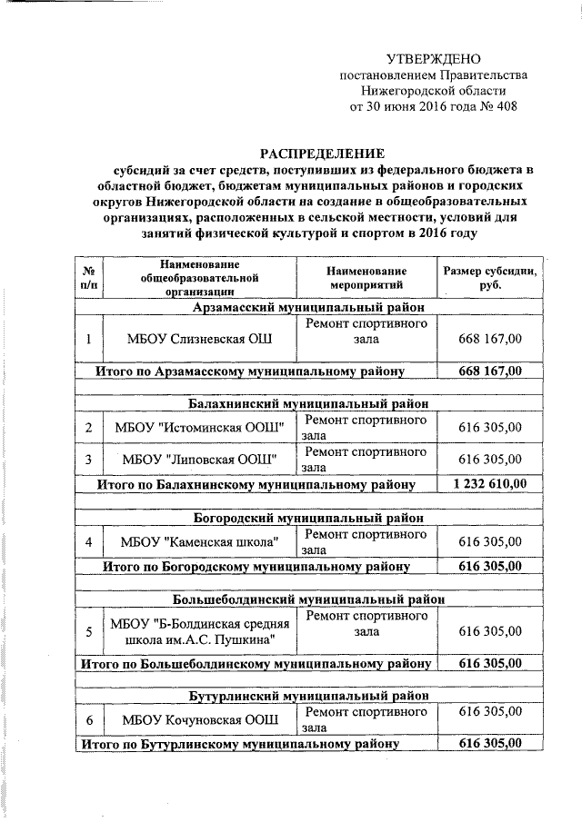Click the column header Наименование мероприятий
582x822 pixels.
tap(366, 278)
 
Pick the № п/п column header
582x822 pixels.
tap(88, 278)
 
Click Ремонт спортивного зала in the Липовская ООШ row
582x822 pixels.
tap(366, 458)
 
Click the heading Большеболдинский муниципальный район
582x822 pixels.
tap(308, 599)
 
